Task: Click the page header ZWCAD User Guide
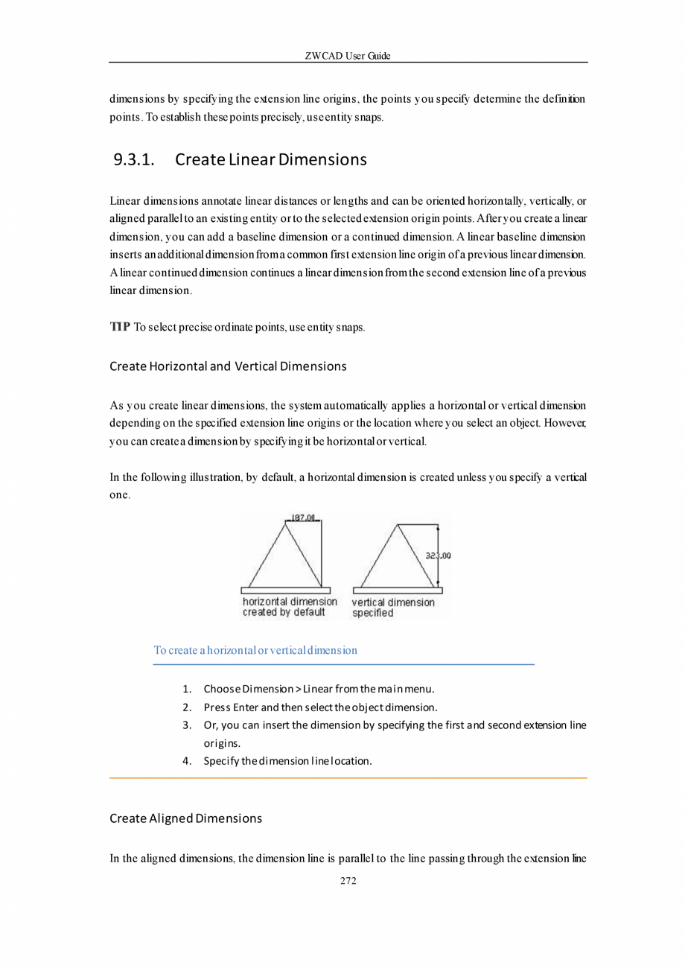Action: (x=348, y=57)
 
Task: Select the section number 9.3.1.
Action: (x=138, y=160)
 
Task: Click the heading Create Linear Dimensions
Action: (x=271, y=160)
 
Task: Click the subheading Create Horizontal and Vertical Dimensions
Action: (x=228, y=366)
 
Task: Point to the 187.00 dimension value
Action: (x=302, y=517)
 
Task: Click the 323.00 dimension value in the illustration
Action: (x=439, y=555)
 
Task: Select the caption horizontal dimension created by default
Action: (x=290, y=607)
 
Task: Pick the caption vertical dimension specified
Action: (x=393, y=608)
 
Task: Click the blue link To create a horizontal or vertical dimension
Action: (x=255, y=650)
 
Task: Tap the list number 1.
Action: (x=188, y=688)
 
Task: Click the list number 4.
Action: (x=188, y=761)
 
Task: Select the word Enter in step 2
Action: (x=246, y=706)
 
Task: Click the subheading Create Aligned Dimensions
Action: (x=185, y=818)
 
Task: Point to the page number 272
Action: (x=348, y=882)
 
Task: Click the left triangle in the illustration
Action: (x=285, y=558)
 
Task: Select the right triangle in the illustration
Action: (x=398, y=558)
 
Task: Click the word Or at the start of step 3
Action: (x=210, y=725)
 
